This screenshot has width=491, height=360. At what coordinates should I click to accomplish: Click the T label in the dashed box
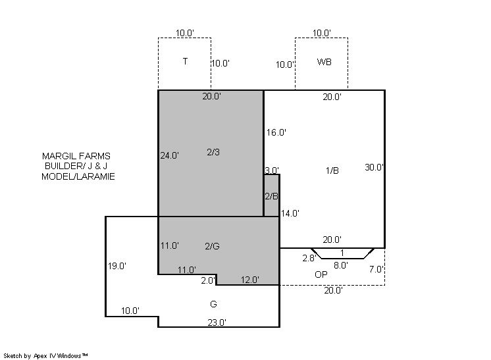[185, 61]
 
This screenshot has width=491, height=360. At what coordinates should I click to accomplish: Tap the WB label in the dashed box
[324, 62]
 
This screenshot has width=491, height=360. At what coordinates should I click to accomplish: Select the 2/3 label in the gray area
[213, 152]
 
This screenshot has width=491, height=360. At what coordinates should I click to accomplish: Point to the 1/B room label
[332, 170]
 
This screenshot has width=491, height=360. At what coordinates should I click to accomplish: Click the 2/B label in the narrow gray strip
[271, 196]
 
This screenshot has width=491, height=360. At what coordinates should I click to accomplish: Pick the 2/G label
[213, 246]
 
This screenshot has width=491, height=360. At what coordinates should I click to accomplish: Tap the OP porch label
[321, 274]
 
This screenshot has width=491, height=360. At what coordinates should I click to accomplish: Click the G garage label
[213, 304]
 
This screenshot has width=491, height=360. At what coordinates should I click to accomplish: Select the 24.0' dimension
[169, 155]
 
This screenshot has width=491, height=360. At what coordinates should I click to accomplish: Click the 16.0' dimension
[276, 132]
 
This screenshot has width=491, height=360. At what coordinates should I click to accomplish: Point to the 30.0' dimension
[374, 167]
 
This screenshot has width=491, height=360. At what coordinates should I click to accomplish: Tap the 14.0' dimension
[290, 213]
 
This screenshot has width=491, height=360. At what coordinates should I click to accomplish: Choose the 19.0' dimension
[117, 266]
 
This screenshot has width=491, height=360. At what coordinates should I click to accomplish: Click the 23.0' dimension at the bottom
[217, 322]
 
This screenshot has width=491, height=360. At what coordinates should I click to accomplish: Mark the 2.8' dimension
[309, 258]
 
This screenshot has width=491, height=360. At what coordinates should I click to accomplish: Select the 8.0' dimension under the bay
[341, 265]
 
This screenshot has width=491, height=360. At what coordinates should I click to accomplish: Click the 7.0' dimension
[376, 269]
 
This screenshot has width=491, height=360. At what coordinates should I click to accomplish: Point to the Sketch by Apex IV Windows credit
[45, 356]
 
